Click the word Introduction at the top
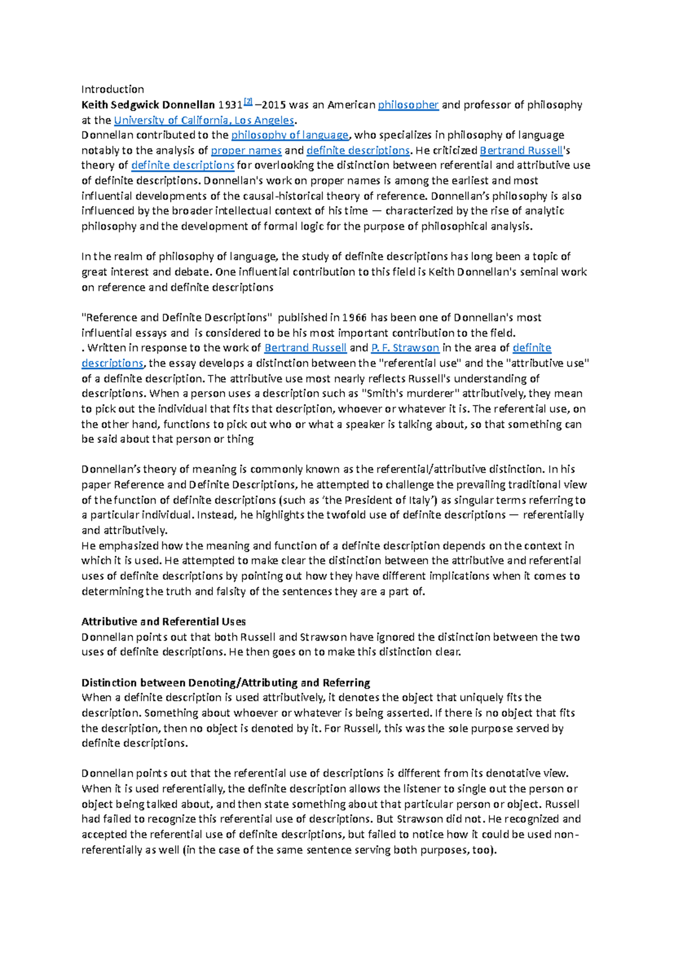(x=112, y=89)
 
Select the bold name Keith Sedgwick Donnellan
(x=148, y=105)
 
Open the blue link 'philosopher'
(x=408, y=105)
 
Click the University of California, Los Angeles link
(x=204, y=120)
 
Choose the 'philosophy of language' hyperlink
(x=290, y=135)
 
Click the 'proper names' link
(x=246, y=150)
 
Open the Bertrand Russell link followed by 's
(x=521, y=150)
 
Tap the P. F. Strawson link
(x=405, y=348)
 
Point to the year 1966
(x=354, y=317)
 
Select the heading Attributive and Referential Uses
(x=163, y=621)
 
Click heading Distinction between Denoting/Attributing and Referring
(x=225, y=683)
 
